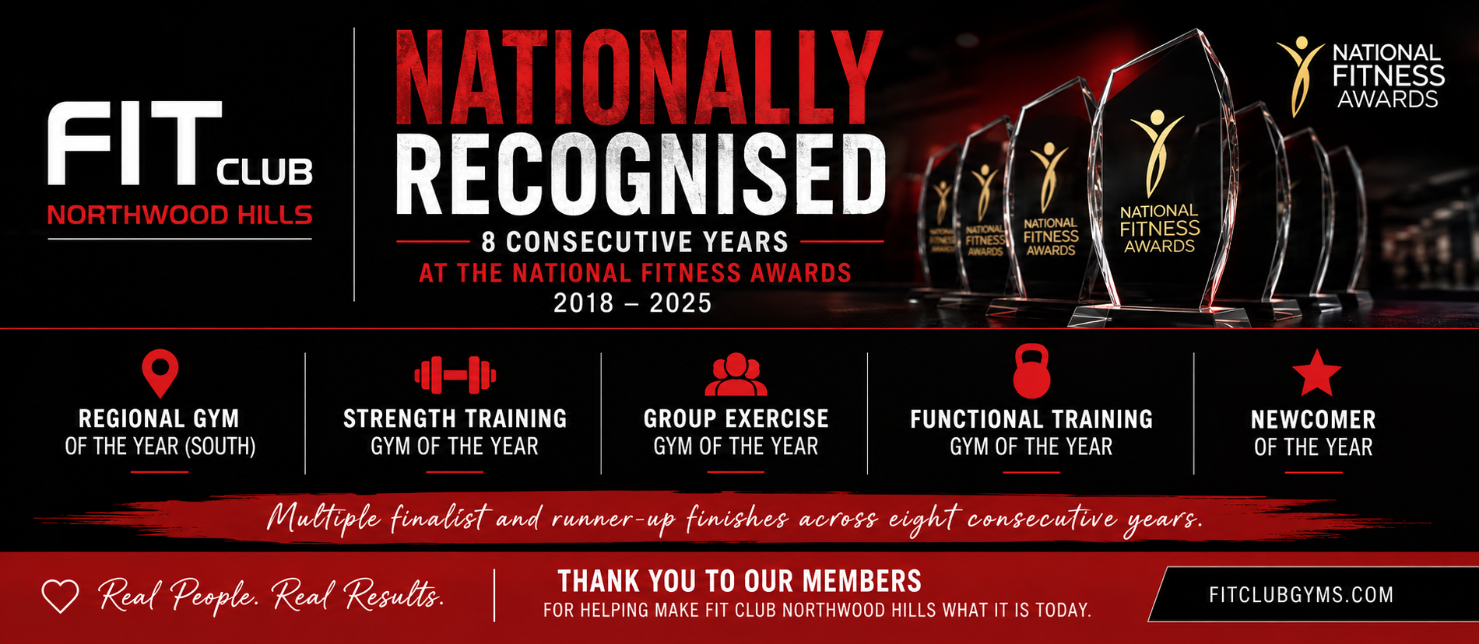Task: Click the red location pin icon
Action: [x=160, y=373]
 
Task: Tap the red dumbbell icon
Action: [x=455, y=375]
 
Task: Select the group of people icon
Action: [x=736, y=374]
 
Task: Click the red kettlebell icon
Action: [x=1031, y=372]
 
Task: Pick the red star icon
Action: [x=1316, y=373]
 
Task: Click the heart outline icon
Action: [x=60, y=597]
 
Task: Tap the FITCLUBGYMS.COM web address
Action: [x=1301, y=595]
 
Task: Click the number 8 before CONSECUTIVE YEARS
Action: [x=488, y=242]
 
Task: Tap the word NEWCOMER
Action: [x=1313, y=420]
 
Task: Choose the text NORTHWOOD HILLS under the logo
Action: [x=180, y=215]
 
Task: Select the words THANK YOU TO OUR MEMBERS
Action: [x=739, y=582]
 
